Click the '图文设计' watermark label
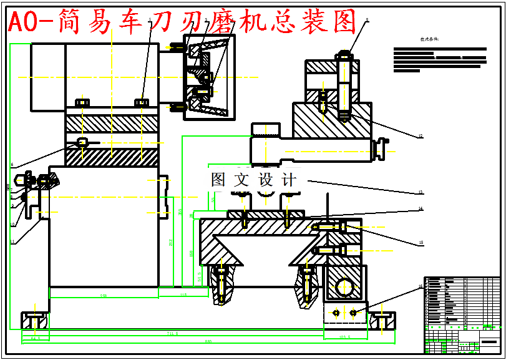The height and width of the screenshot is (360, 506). (x=254, y=180)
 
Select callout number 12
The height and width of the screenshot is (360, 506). (x=421, y=136)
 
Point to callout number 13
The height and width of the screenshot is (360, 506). (x=421, y=192)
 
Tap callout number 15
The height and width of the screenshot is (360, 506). (x=421, y=243)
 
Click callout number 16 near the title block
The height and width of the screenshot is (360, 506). (x=421, y=286)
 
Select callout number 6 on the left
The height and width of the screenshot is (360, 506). (x=12, y=165)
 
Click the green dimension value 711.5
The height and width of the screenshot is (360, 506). (x=172, y=334)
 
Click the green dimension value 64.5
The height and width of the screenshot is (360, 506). (x=36, y=338)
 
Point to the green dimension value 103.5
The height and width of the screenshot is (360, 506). (x=344, y=338)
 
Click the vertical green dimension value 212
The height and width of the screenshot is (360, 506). (x=170, y=241)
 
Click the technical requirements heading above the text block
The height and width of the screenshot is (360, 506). (x=429, y=39)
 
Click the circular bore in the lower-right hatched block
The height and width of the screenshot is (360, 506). (x=343, y=287)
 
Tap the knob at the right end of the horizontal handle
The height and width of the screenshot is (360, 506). (x=377, y=150)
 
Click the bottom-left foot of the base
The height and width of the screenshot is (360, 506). (x=35, y=320)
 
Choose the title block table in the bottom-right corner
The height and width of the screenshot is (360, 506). (x=462, y=315)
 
